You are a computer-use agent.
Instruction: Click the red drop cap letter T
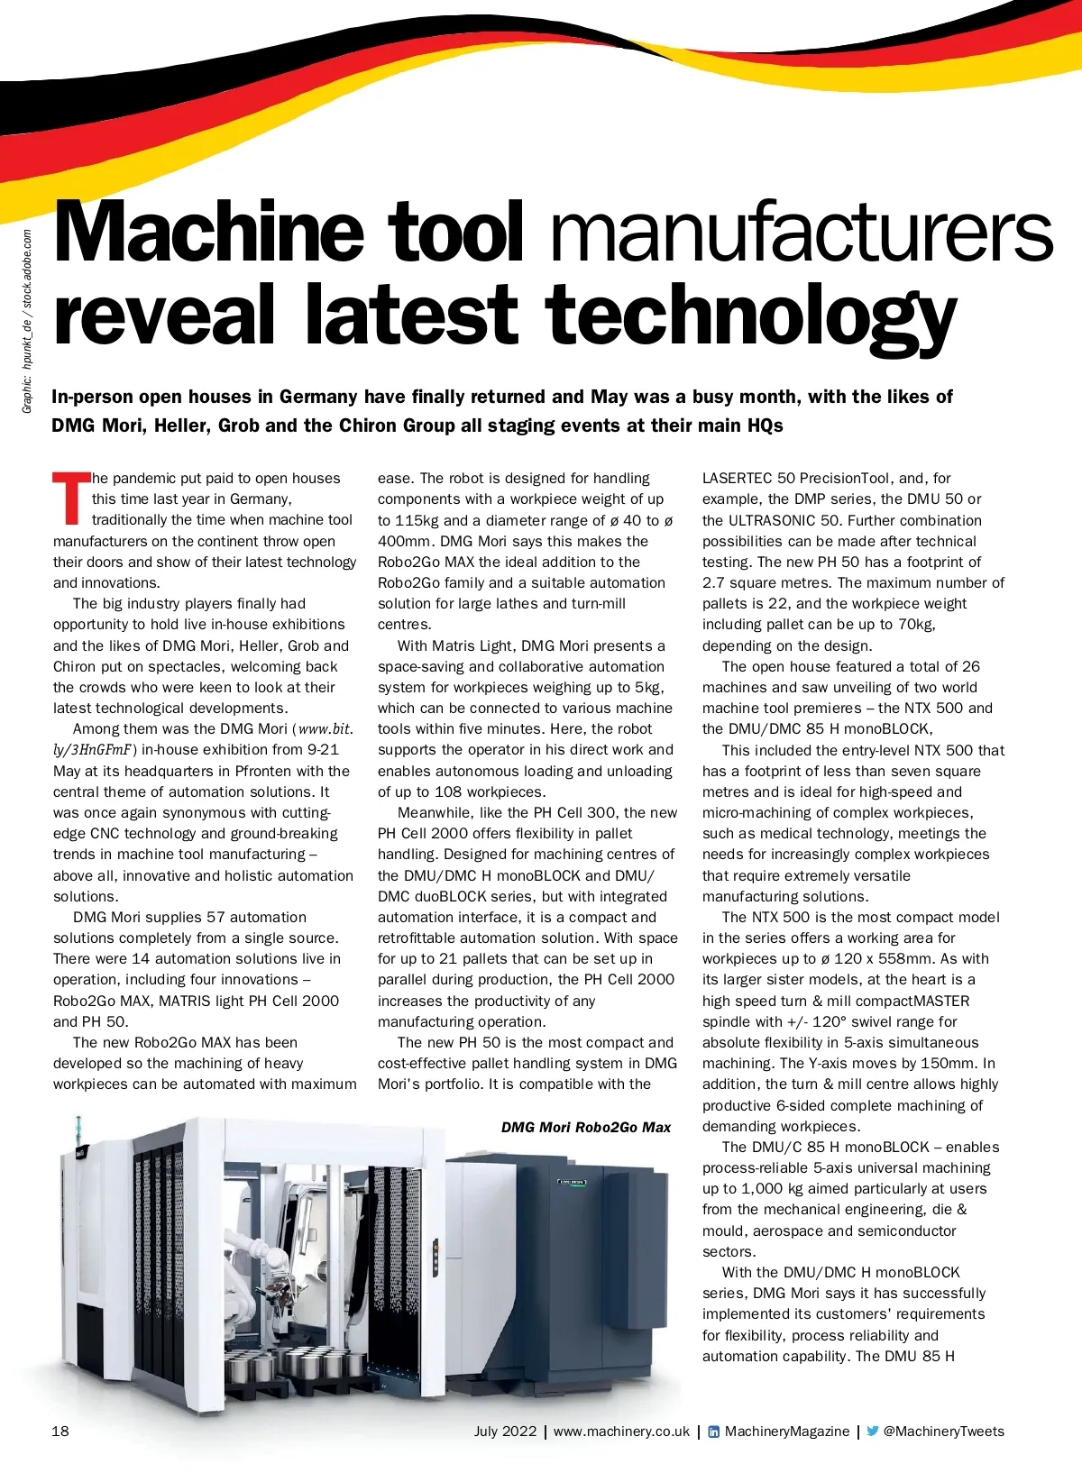coord(71,498)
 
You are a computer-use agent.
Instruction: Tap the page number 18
coord(60,1432)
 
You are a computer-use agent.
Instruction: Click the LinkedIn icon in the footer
coord(714,1432)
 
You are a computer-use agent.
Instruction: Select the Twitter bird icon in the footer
coord(872,1432)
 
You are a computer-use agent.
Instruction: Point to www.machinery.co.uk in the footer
coord(621,1432)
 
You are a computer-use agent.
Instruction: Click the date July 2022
coord(505,1432)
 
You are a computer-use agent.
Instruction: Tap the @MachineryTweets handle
coord(943,1432)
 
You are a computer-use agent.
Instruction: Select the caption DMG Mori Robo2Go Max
coord(586,1127)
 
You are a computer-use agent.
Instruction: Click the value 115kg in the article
coord(423,520)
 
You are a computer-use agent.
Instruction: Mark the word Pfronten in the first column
coord(261,771)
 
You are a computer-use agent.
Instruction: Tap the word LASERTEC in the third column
coord(737,479)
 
